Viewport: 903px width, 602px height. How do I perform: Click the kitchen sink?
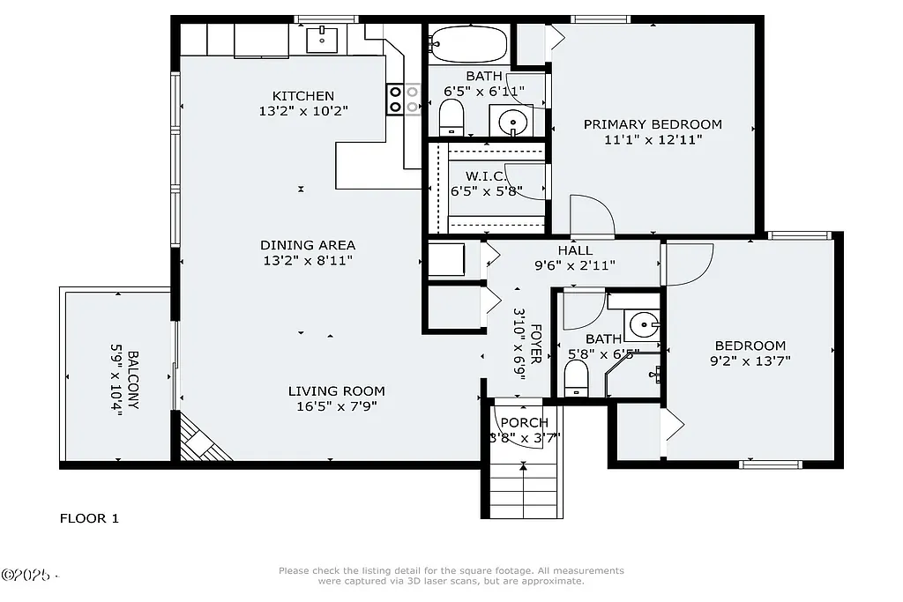pyautogui.click(x=323, y=39)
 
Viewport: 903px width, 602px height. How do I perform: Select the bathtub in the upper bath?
pyautogui.click(x=468, y=43)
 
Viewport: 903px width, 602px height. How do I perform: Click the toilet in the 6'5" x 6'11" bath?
pyautogui.click(x=451, y=116)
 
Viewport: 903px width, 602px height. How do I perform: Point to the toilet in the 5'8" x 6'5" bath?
pyautogui.click(x=576, y=379)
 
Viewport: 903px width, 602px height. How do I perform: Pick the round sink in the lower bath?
pyautogui.click(x=643, y=325)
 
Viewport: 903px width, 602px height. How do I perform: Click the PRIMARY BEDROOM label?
pyautogui.click(x=653, y=124)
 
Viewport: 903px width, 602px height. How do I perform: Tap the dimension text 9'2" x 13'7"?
pyautogui.click(x=750, y=360)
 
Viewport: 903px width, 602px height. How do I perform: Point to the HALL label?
pyautogui.click(x=574, y=250)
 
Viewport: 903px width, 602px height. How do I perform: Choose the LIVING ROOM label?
pyautogui.click(x=336, y=391)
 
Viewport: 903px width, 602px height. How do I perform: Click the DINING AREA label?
pyautogui.click(x=308, y=245)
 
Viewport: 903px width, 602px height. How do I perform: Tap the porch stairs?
pyautogui.click(x=524, y=490)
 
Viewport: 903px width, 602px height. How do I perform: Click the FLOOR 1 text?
pyautogui.click(x=89, y=518)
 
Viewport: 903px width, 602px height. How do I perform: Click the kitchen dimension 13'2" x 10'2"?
pyautogui.click(x=303, y=111)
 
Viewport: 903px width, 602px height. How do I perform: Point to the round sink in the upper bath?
pyautogui.click(x=511, y=121)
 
